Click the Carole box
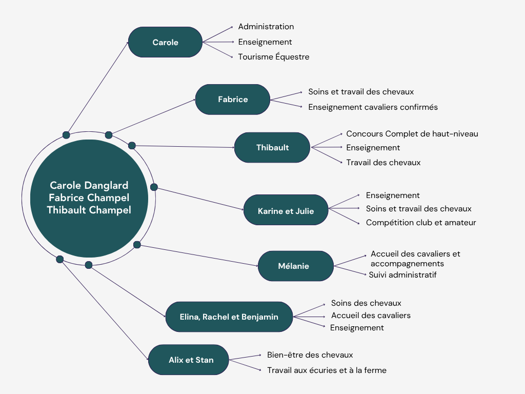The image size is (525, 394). click(165, 42)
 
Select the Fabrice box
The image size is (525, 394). click(233, 100)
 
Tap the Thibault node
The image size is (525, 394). click(272, 148)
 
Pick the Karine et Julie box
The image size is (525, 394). click(286, 210)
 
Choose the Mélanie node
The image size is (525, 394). click(296, 266)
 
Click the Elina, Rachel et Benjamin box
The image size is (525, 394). click(229, 317)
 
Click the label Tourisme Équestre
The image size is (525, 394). click(273, 57)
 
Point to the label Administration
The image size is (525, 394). click(266, 27)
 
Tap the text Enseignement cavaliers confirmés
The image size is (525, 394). click(373, 107)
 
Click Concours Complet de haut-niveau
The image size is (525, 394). click(412, 134)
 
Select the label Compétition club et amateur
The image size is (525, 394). click(421, 223)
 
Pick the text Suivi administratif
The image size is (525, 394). click(402, 275)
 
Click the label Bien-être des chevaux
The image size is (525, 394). click(310, 355)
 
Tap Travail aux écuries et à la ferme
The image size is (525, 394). click(327, 370)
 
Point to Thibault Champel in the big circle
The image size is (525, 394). click(89, 210)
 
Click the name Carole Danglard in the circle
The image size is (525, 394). click(89, 185)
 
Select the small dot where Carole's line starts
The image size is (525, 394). click(66, 135)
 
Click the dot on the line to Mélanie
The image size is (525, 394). click(137, 245)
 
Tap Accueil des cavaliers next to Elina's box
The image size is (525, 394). click(371, 316)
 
